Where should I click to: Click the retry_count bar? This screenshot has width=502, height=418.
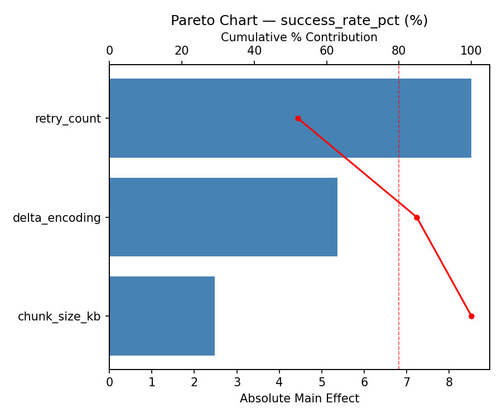[x=290, y=118]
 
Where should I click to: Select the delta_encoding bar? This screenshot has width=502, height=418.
[x=223, y=217]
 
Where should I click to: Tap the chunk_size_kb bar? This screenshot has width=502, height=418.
[x=162, y=316]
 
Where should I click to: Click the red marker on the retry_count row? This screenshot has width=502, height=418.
[x=298, y=118]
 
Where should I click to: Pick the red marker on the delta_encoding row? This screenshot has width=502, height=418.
[x=417, y=217]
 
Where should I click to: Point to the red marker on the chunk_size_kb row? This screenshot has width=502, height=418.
[x=471, y=316]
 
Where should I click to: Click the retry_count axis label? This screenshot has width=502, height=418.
[x=67, y=119]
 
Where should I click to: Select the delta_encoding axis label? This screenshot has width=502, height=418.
[x=56, y=218]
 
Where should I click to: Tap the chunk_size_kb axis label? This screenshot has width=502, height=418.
[x=59, y=317]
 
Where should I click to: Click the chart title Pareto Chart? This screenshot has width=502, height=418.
[x=299, y=21]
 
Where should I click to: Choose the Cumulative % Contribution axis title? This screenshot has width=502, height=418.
[x=299, y=37]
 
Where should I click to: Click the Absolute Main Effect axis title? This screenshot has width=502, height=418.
[x=299, y=398]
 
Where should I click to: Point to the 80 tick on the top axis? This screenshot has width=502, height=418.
[x=399, y=51]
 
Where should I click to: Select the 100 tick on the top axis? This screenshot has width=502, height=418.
[x=471, y=51]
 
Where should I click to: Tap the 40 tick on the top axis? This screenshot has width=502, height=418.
[x=254, y=51]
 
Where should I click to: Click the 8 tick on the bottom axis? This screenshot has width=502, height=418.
[x=449, y=382]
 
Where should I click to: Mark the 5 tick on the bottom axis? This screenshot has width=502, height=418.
[x=322, y=382]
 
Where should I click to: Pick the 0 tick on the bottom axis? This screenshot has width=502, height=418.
[x=109, y=382]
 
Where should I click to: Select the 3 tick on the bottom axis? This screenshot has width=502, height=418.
[x=237, y=382]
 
